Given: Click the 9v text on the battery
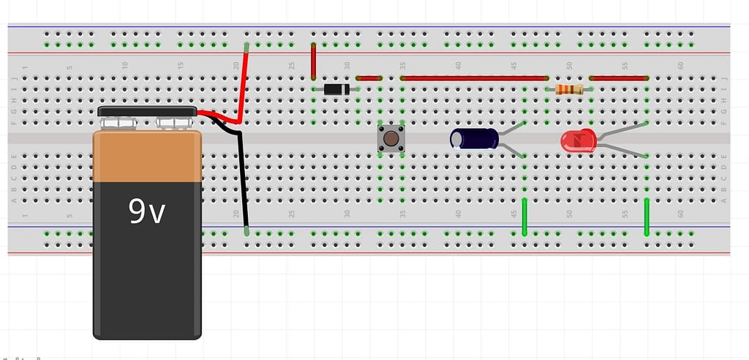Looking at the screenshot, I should click(x=147, y=211).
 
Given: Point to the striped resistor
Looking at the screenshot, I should click(x=568, y=89).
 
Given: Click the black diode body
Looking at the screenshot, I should click(x=334, y=89).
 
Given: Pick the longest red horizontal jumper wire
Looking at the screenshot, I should click(x=474, y=78).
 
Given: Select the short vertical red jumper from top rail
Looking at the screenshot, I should click(x=313, y=61).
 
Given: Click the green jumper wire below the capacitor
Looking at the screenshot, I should click(x=524, y=217).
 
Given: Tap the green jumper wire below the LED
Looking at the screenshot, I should click(x=647, y=217).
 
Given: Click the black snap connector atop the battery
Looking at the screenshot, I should click(x=146, y=111).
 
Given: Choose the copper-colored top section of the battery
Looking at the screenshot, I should click(x=146, y=157).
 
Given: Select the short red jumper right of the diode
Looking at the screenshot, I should click(x=369, y=78).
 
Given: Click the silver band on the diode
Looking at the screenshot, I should click(x=346, y=89).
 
